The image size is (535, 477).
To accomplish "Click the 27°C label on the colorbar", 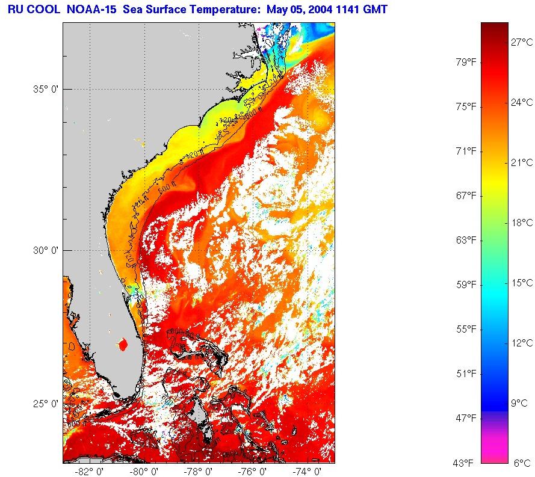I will click(x=521, y=42).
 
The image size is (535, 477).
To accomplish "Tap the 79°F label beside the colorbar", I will click(x=465, y=62).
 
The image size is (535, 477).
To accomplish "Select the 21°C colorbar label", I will click(x=521, y=162).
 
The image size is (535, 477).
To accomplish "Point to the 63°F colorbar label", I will click(x=465, y=240).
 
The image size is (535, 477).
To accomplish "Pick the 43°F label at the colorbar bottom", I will click(x=465, y=463).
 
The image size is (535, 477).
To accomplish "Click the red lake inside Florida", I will click(x=123, y=345).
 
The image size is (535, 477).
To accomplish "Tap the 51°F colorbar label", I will click(x=465, y=374).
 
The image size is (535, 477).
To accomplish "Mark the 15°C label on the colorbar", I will click(x=521, y=283).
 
